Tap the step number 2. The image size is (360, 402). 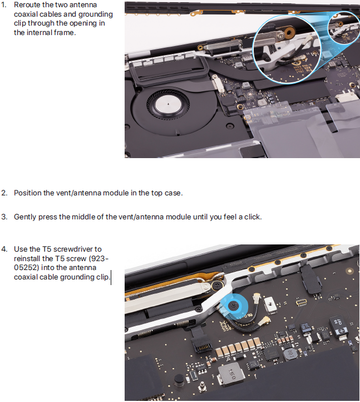pyautogui.click(x=4, y=193)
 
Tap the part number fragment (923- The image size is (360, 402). pyautogui.click(x=99, y=258)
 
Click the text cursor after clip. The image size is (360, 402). pyautogui.click(x=111, y=277)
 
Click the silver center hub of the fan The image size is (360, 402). pyautogui.click(x=169, y=104)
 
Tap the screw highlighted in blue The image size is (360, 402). pyautogui.click(x=234, y=305)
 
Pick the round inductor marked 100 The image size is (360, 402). pyautogui.click(x=290, y=354)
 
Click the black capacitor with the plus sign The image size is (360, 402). pyautogui.click(x=338, y=326)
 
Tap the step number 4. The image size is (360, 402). pyautogui.click(x=4, y=249)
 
